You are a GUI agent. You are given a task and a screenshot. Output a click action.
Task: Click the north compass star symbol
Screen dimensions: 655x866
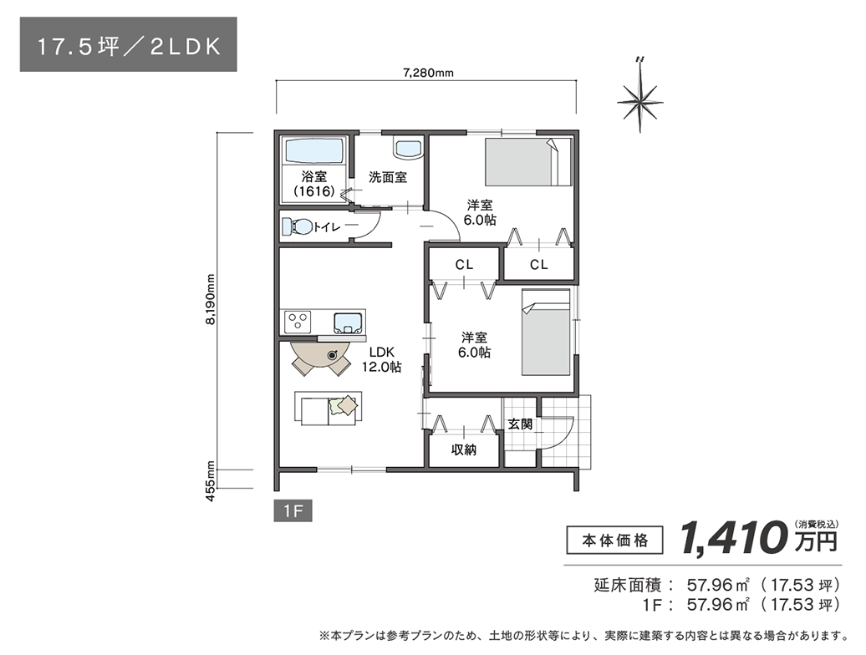pos(640,101)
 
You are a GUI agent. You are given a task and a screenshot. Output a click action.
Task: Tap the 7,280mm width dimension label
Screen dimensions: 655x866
pos(427,73)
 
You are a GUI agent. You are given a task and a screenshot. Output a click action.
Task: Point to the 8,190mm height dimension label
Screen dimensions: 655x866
pos(211,301)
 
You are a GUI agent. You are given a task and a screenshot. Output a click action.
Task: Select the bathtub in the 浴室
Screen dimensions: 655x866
pos(314,152)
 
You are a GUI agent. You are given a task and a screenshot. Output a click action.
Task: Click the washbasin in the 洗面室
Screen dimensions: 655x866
pos(407,149)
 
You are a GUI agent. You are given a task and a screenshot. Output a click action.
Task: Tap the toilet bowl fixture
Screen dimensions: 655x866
pos(298,226)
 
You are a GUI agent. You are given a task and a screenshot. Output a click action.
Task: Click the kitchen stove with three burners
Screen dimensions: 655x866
pos(298,321)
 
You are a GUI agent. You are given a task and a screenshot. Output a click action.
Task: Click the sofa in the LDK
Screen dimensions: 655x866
pos(329,408)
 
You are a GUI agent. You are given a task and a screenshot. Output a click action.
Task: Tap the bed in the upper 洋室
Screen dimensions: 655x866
pos(527,162)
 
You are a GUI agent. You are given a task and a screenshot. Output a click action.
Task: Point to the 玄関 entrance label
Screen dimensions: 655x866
pos(519,424)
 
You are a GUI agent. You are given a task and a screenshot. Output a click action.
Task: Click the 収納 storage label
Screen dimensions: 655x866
pos(464,449)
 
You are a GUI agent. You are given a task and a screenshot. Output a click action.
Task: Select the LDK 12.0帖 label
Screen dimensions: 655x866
pos(380,359)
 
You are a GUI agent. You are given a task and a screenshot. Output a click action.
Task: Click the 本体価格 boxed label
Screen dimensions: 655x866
pos(614,540)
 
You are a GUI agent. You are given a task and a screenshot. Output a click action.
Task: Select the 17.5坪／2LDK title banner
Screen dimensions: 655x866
pos(129,45)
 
